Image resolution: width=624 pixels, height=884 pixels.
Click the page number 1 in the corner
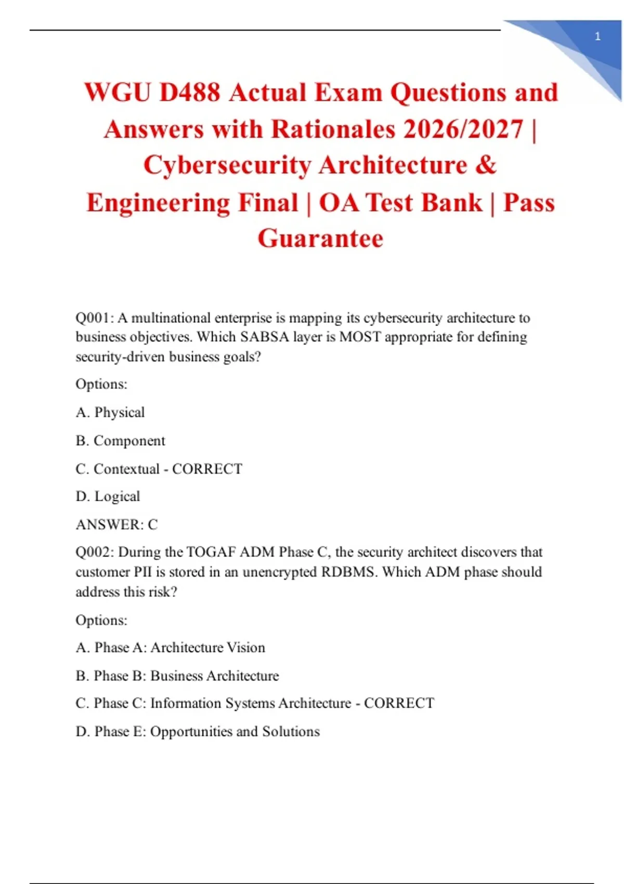click(597, 36)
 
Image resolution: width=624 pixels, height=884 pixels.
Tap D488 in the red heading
click(189, 93)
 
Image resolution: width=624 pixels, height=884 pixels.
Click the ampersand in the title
click(486, 165)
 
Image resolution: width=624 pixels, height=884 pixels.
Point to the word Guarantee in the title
click(320, 239)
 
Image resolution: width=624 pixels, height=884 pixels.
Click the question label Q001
click(94, 318)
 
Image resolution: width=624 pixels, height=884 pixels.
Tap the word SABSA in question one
click(264, 337)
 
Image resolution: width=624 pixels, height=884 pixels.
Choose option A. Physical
click(110, 412)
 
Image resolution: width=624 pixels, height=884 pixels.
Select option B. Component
click(120, 440)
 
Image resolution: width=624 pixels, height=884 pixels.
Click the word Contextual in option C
click(126, 469)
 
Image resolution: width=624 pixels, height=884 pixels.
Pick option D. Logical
click(108, 497)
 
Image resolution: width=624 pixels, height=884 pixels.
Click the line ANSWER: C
click(116, 525)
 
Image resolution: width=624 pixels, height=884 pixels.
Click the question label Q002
click(95, 552)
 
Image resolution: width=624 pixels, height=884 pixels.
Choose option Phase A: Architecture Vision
click(170, 648)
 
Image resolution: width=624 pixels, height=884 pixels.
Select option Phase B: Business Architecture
click(177, 676)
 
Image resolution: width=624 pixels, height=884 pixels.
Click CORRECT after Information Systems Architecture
click(399, 704)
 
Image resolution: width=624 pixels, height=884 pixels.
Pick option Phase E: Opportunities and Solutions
click(198, 732)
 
